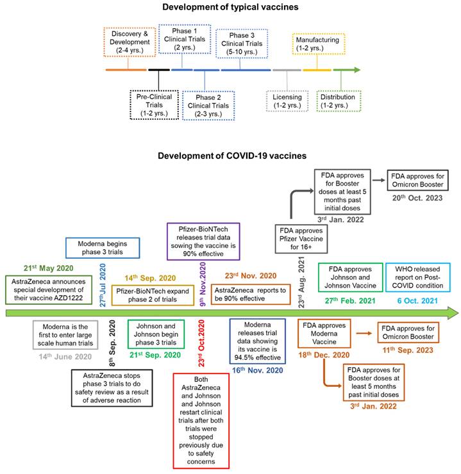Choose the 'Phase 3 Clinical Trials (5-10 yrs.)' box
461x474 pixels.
(x=242, y=43)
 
